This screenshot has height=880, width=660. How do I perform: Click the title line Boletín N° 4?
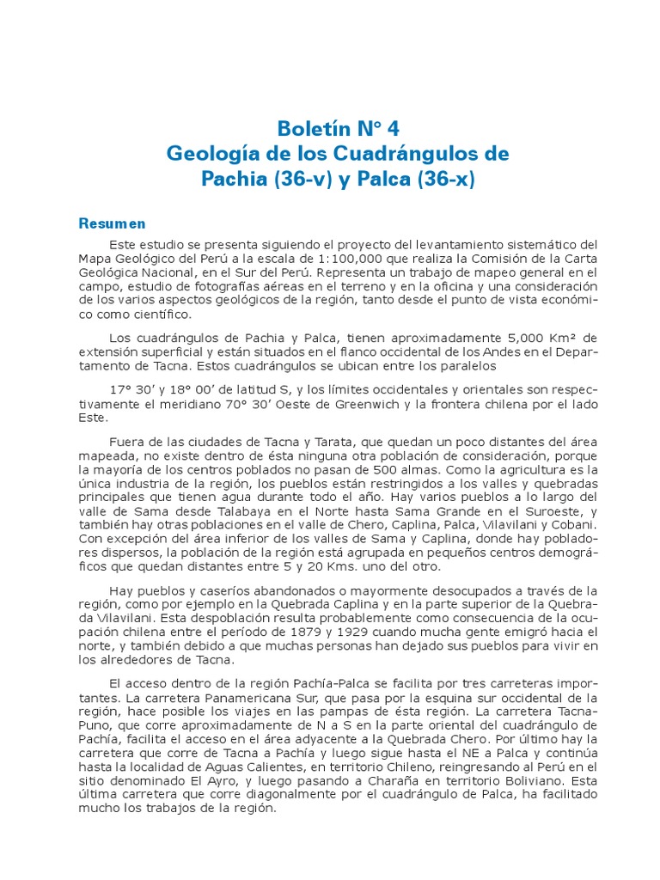click(338, 129)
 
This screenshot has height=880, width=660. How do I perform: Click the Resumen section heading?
click(113, 224)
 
